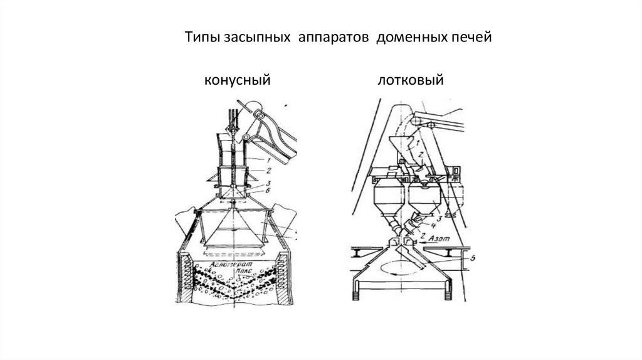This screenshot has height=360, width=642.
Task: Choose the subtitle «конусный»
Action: (x=236, y=80)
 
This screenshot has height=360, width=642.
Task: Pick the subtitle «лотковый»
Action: (x=411, y=80)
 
